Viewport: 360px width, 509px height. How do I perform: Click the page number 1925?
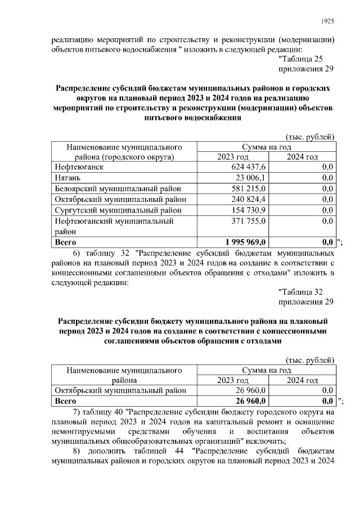point(327,21)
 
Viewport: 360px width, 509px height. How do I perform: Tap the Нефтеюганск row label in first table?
point(79,167)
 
